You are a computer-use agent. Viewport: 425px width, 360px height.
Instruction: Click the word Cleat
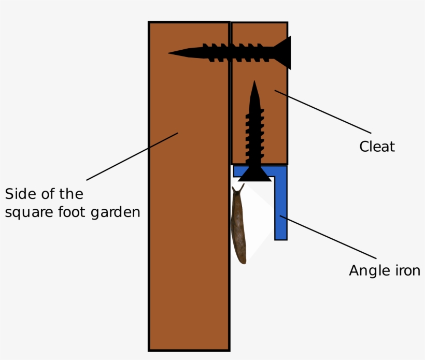point(377,147)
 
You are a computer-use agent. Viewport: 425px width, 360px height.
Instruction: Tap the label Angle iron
point(384,270)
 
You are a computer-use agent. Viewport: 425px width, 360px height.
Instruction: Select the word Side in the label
point(17,194)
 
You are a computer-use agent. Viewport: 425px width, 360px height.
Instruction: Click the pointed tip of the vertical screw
point(254,84)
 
